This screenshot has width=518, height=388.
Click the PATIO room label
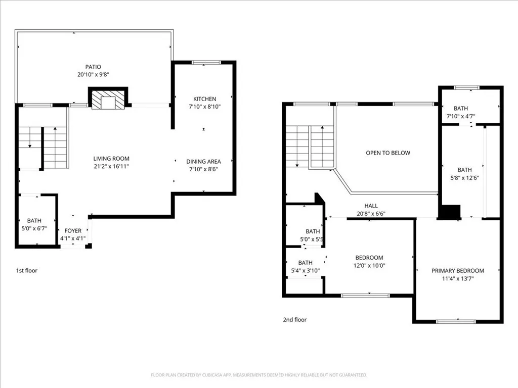click(93, 67)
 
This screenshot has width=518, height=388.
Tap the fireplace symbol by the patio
click(108, 98)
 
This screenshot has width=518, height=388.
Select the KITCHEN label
click(204, 99)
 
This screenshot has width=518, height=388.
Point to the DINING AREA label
click(203, 161)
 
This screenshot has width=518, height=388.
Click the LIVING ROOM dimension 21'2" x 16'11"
click(111, 167)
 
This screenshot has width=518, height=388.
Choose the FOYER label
click(73, 230)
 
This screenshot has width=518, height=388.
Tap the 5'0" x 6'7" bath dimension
click(34, 228)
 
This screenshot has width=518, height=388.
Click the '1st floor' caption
click(27, 271)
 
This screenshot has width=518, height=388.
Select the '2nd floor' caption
click(295, 320)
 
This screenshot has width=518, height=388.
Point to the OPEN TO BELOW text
click(388, 153)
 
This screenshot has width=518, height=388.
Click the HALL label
click(371, 206)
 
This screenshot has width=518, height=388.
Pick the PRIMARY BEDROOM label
click(458, 271)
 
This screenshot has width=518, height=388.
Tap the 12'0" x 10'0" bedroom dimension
click(369, 266)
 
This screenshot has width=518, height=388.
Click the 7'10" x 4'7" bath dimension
click(461, 116)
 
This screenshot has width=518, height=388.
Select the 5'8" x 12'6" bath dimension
click(465, 178)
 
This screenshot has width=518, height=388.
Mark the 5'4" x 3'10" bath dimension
click(305, 271)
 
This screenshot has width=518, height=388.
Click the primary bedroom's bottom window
click(456, 321)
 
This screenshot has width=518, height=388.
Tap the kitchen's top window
click(206, 62)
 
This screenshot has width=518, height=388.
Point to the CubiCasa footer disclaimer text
click(259, 375)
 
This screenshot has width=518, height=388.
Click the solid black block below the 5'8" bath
click(449, 212)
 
